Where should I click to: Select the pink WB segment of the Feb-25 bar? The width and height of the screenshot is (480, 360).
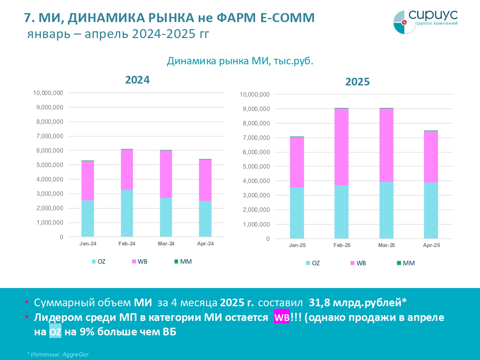341,147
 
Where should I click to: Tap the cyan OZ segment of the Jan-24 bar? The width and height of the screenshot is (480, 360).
88,218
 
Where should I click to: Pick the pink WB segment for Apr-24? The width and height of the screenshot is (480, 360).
205,180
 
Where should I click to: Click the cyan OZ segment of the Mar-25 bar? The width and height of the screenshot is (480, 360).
386,210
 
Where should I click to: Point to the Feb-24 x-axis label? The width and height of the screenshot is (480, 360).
127,244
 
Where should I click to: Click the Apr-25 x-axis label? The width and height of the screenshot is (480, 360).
431,245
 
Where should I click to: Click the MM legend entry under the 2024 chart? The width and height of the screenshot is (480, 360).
183,261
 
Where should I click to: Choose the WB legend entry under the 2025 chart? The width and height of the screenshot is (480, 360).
358,263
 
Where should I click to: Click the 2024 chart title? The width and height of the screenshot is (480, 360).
137,80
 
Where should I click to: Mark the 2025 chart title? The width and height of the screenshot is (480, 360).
357,82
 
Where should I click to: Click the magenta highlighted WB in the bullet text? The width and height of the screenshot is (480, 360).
282,317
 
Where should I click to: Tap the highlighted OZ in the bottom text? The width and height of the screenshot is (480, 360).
55,332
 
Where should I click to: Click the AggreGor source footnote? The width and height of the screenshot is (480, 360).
58,354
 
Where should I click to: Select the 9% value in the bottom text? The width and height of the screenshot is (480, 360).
87,332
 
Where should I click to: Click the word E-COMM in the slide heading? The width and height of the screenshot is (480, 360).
287,18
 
